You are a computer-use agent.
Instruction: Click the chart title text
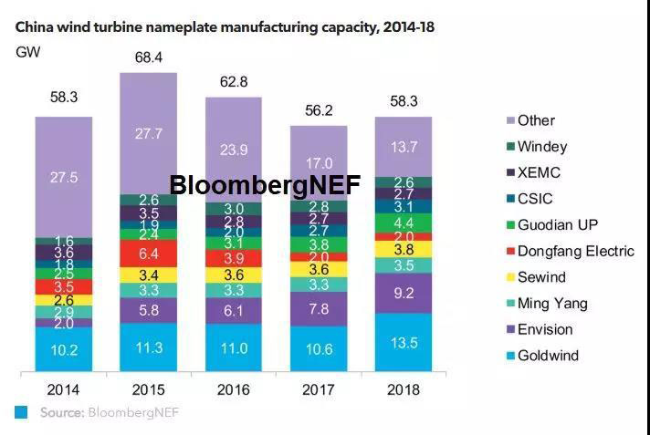[225, 27]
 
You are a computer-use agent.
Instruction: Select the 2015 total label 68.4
[148, 57]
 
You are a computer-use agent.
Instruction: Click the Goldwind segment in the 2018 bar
[404, 343]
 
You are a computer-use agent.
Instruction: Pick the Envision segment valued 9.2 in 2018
[404, 294]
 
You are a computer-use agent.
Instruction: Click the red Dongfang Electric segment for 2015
[148, 253]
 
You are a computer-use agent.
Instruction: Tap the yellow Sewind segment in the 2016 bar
[234, 274]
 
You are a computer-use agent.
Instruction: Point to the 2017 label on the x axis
[319, 388]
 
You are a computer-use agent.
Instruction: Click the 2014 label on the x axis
[63, 388]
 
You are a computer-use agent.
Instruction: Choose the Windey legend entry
[542, 146]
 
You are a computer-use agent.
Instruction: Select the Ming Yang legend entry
[552, 303]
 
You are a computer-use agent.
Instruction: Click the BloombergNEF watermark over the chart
[265, 185]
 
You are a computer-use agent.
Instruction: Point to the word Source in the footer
[61, 412]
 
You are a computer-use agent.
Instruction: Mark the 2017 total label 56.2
[319, 109]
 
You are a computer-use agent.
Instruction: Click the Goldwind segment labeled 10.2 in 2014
[63, 349]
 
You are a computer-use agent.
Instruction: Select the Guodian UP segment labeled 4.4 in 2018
[404, 222]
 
